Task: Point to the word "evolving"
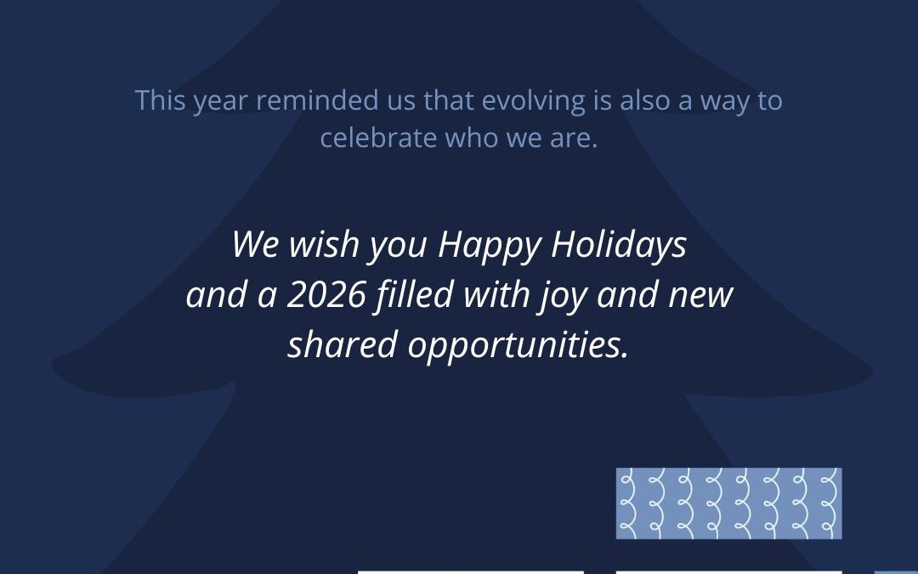(x=533, y=102)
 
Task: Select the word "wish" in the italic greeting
(x=324, y=244)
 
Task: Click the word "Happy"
(x=490, y=246)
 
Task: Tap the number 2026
(x=326, y=294)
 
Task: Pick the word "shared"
(x=343, y=344)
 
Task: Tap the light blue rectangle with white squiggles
(x=729, y=503)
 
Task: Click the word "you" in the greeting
(x=398, y=247)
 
